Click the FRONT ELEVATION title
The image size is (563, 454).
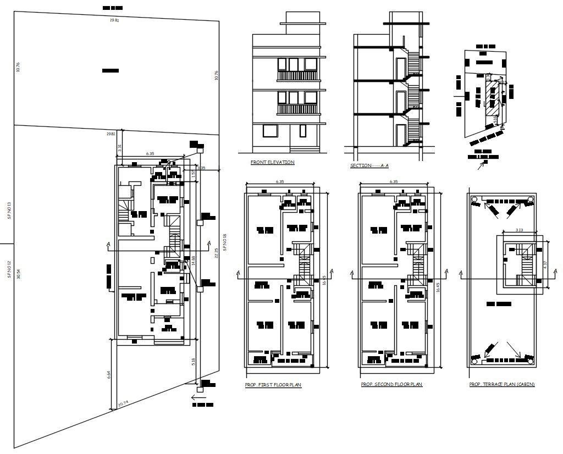click(272, 162)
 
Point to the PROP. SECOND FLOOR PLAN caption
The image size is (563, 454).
click(391, 384)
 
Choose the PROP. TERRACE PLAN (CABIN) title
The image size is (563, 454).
click(501, 384)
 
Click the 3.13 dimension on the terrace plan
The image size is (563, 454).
click(519, 231)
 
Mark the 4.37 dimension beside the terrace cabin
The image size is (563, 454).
click(545, 264)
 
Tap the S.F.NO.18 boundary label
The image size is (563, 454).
click(224, 243)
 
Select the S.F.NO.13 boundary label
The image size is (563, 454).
click(9, 211)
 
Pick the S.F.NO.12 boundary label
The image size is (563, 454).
click(9, 269)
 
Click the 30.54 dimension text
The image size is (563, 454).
click(19, 274)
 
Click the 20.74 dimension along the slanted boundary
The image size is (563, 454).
click(123, 404)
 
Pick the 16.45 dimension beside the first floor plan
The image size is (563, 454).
click(324, 279)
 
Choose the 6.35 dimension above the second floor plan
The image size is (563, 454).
click(394, 181)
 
